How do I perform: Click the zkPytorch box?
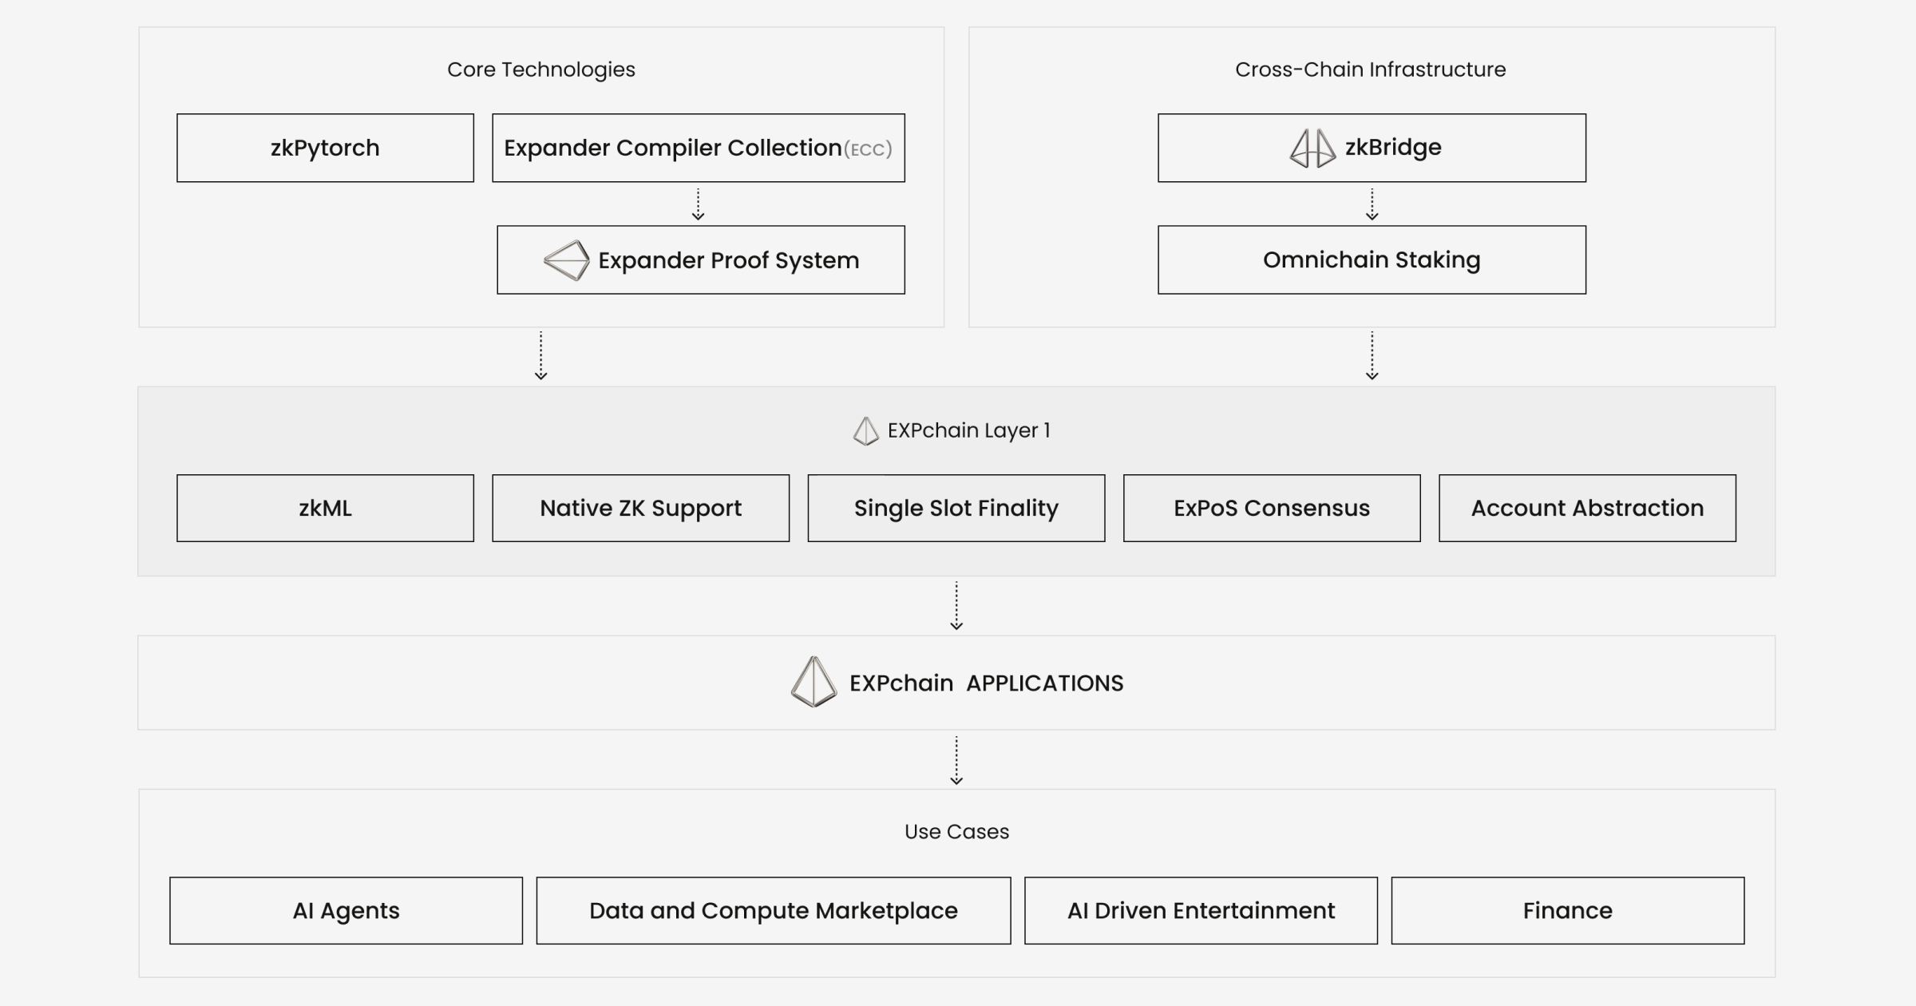[325, 148]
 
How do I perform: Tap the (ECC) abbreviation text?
[868, 149]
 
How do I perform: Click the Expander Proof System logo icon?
[566, 260]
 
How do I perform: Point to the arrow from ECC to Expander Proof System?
[698, 204]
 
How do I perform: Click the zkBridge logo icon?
[1312, 148]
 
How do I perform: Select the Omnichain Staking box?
[1372, 259]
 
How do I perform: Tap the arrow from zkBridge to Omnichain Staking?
[1372, 204]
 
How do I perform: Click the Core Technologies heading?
[540, 69]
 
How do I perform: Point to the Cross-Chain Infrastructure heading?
[1370, 69]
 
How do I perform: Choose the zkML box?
[325, 508]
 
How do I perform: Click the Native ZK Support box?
[640, 508]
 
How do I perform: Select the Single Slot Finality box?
[956, 508]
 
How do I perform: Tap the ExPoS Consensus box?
[1271, 508]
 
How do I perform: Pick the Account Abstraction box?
[1587, 508]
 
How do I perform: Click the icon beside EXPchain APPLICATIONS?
[814, 682]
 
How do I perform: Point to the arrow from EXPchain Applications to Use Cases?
[956, 760]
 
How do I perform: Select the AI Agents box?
[346, 910]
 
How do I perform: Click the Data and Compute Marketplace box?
[773, 910]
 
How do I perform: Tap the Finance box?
[1567, 910]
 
